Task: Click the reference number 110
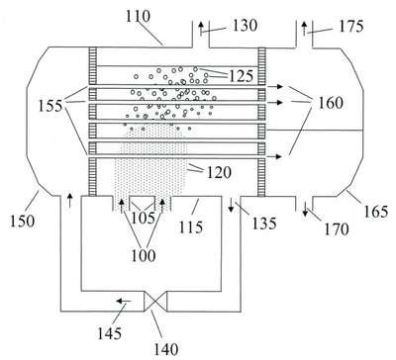(x=138, y=16)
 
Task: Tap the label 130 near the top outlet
(x=246, y=26)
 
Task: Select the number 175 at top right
(x=351, y=27)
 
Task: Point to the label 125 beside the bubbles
(x=242, y=76)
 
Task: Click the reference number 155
(x=50, y=106)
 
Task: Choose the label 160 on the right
(x=331, y=103)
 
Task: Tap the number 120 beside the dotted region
(x=219, y=172)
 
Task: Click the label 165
(x=376, y=212)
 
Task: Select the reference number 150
(x=22, y=222)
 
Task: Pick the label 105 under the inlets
(x=143, y=218)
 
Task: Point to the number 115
(x=191, y=227)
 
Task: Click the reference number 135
(x=264, y=224)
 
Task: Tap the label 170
(x=336, y=229)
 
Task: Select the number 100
(x=144, y=255)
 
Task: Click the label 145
(x=109, y=333)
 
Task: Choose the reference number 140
(x=166, y=349)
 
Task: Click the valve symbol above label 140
(x=155, y=301)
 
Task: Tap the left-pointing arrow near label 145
(x=125, y=301)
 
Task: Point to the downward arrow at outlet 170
(x=305, y=210)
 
